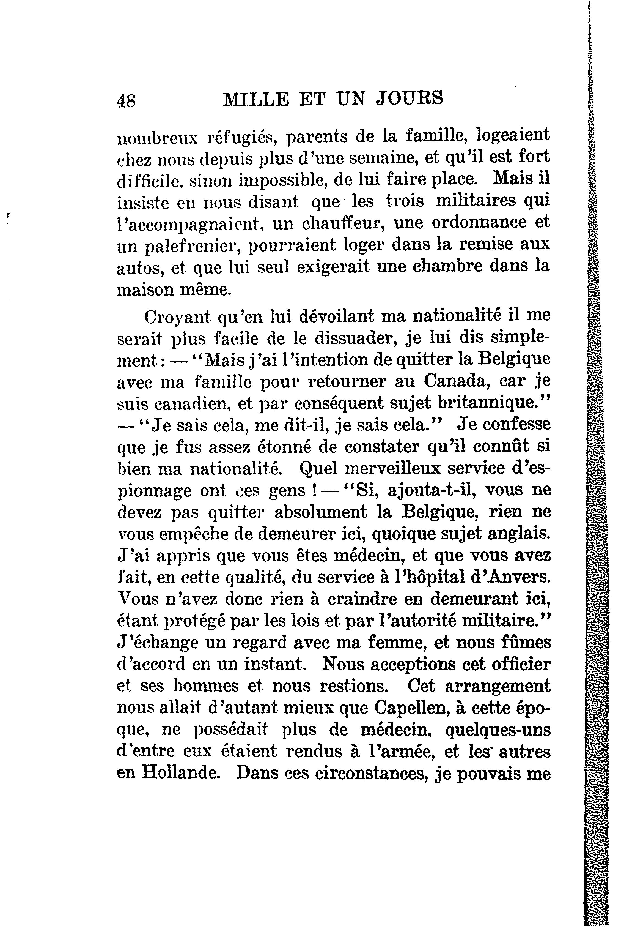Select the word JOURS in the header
click(409, 99)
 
